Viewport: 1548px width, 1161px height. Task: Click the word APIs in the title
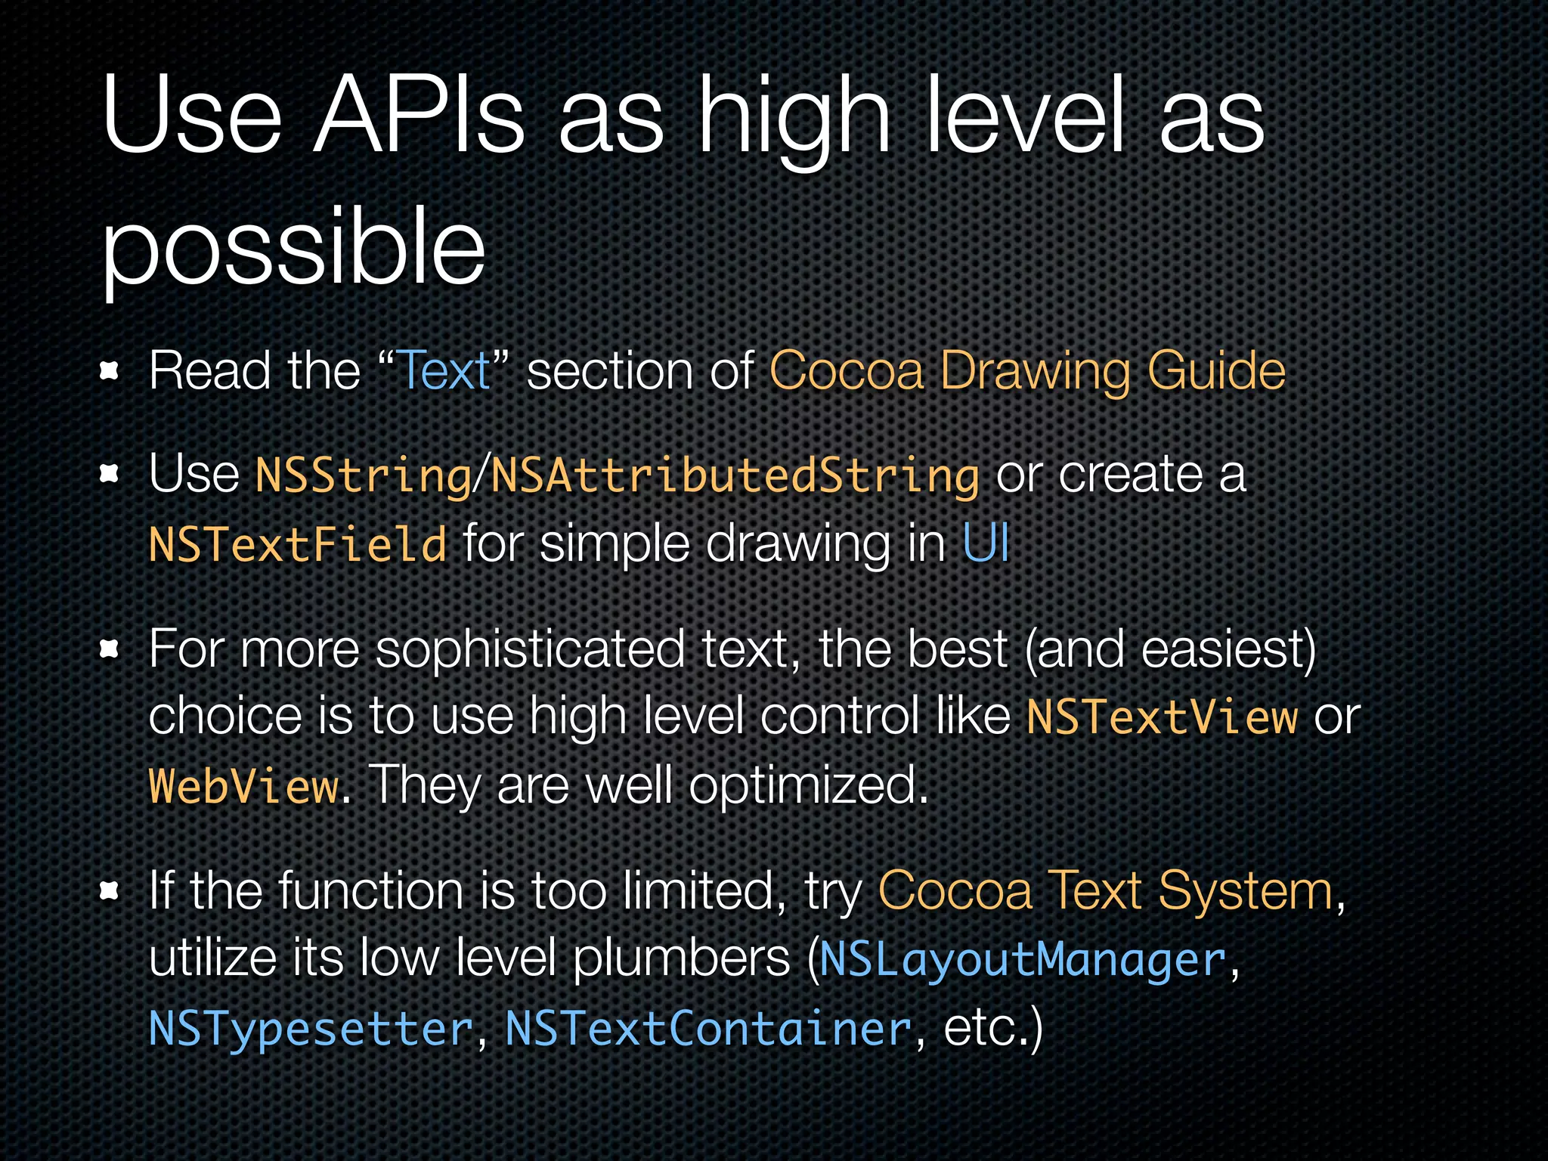[x=419, y=115]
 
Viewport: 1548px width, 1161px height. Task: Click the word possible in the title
[x=293, y=247]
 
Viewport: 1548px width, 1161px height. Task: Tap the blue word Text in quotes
[x=444, y=371]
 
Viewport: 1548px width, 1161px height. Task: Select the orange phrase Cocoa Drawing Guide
[x=1026, y=371]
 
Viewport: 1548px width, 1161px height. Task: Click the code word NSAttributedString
[x=735, y=475]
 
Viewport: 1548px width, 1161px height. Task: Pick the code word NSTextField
[x=298, y=545]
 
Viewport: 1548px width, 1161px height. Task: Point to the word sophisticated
[x=529, y=649]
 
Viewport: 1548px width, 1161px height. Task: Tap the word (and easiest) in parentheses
[x=1169, y=649]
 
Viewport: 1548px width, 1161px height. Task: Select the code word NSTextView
[x=1161, y=717]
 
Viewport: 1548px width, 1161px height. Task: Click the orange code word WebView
[x=243, y=786]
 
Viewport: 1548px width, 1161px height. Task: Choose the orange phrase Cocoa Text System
[x=1105, y=891]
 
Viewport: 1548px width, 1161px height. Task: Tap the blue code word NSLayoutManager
[x=1022, y=960]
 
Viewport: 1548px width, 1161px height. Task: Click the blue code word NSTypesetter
[x=311, y=1029]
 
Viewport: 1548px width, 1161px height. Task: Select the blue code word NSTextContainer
[x=708, y=1029]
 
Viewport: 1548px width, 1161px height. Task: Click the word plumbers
[x=680, y=960]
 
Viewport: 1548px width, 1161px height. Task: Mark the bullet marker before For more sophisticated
[x=110, y=649]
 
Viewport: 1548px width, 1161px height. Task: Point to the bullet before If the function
[x=110, y=891]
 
